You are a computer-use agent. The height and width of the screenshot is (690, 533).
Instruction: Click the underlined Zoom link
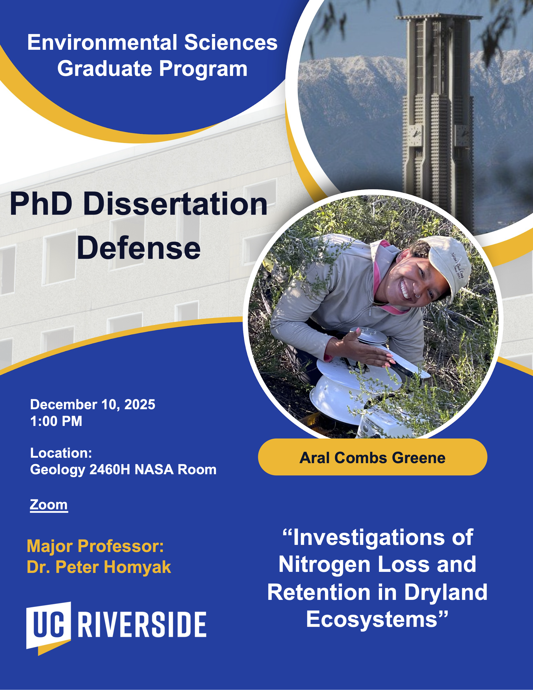click(49, 505)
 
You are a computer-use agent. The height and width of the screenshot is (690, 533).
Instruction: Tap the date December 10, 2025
click(93, 404)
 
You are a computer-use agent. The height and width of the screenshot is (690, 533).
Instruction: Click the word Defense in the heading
click(139, 248)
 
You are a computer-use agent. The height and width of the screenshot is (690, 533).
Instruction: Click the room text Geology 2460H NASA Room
click(123, 470)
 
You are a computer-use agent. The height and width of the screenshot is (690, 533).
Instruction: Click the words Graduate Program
click(152, 69)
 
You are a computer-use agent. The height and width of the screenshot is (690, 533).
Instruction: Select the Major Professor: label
click(95, 546)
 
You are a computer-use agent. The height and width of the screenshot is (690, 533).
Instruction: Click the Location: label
click(61, 453)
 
